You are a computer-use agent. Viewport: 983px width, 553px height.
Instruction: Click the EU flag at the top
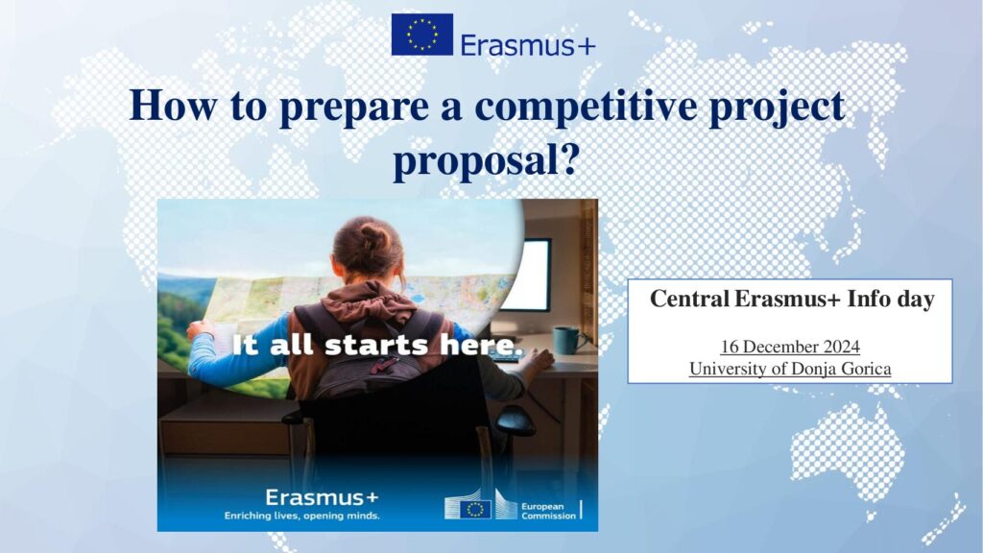(x=422, y=35)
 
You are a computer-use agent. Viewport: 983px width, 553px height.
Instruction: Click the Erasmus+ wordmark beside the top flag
(x=528, y=45)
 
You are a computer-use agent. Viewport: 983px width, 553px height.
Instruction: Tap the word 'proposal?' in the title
(x=485, y=160)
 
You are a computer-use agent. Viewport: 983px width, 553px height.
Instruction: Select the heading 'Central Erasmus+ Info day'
(x=792, y=299)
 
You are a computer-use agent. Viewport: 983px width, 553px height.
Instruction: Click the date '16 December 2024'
(x=790, y=347)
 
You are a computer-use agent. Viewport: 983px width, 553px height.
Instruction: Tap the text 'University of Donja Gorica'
(x=790, y=369)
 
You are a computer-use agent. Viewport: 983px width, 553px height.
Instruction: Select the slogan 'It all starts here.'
(x=376, y=345)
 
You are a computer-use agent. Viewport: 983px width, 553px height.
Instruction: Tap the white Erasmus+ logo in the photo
(x=322, y=497)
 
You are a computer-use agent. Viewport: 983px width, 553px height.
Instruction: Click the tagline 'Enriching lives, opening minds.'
(x=302, y=516)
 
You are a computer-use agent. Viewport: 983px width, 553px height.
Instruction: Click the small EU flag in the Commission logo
(x=475, y=509)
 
